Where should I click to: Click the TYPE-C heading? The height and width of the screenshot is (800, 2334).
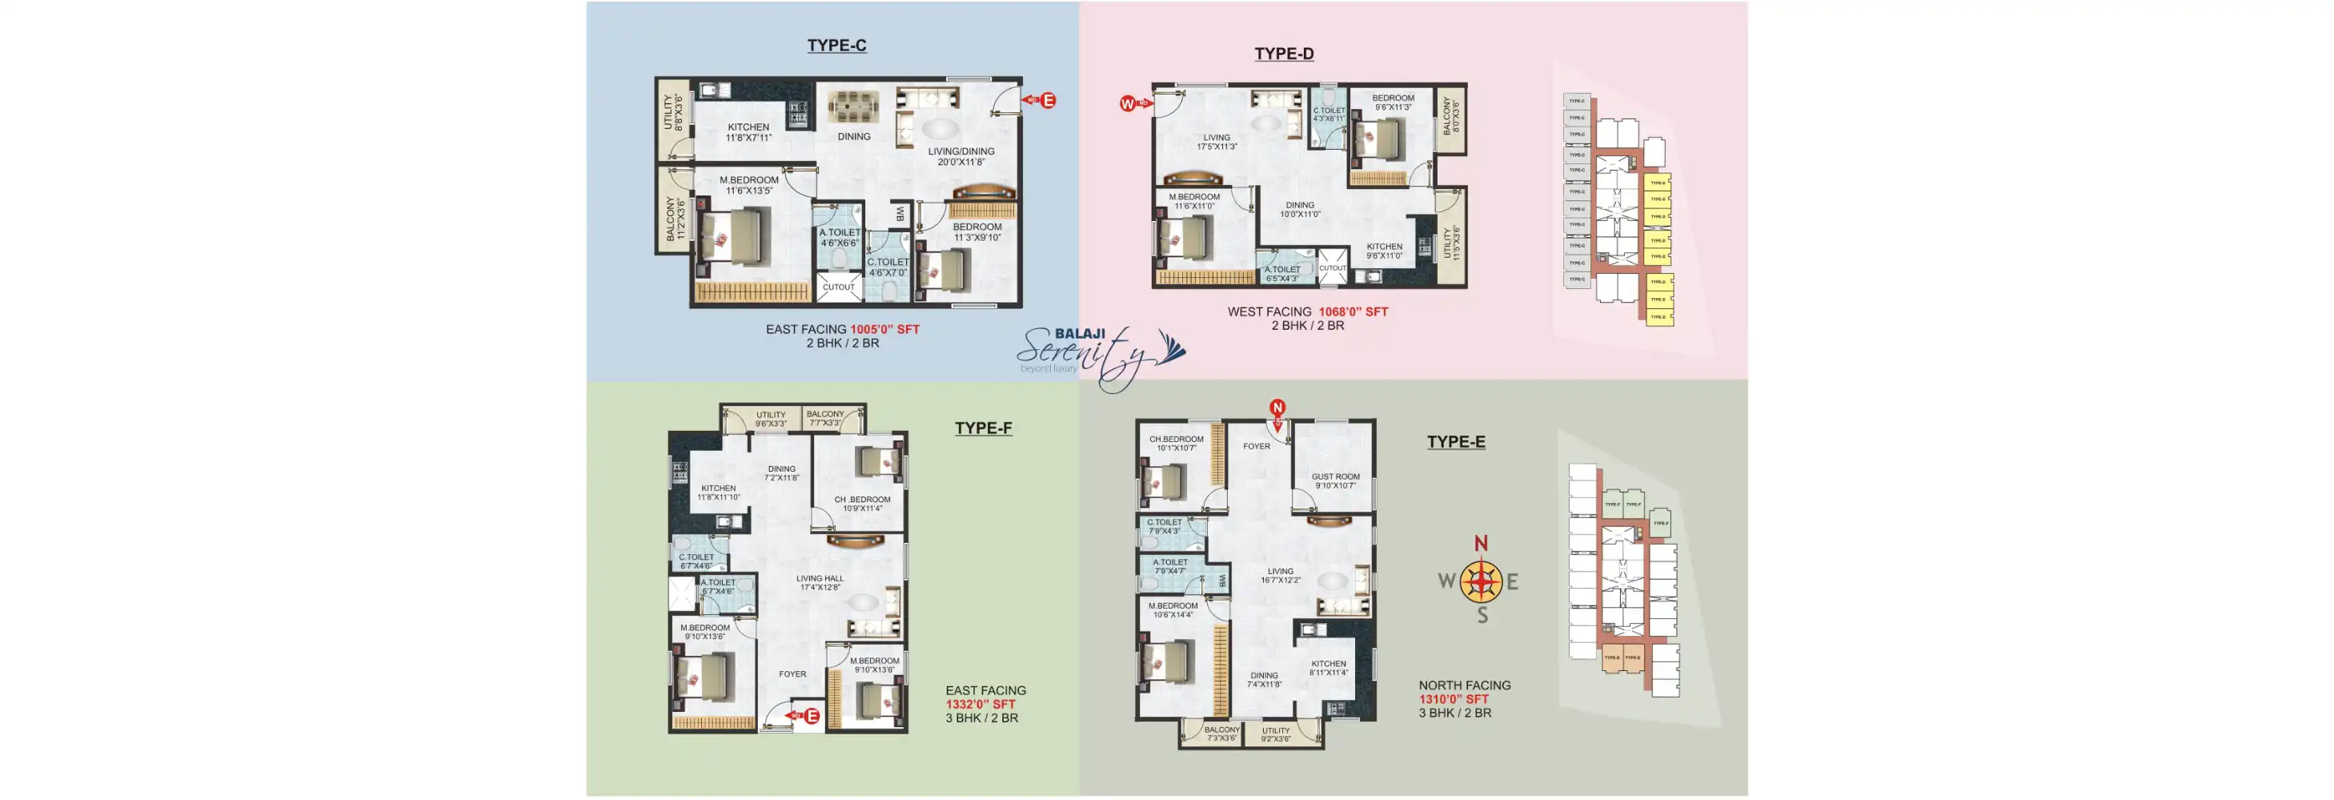(x=836, y=46)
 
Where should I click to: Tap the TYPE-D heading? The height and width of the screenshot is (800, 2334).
(x=1283, y=54)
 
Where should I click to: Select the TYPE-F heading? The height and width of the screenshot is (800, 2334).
(x=983, y=428)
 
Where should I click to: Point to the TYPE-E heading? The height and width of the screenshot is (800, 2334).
(x=1455, y=441)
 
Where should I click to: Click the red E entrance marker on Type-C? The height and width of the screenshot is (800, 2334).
(x=1049, y=101)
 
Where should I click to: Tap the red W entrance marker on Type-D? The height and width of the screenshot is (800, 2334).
(x=1127, y=103)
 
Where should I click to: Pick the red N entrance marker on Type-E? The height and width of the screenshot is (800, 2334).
(x=1277, y=408)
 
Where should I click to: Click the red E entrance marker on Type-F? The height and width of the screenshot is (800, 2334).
(x=812, y=716)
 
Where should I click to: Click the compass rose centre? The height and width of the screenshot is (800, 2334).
(x=1481, y=581)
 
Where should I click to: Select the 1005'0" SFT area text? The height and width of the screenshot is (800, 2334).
(x=884, y=329)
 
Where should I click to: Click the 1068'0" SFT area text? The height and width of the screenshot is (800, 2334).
(x=1353, y=312)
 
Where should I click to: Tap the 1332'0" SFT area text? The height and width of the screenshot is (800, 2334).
(x=980, y=704)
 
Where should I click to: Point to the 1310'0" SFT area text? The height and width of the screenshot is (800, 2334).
(x=1454, y=698)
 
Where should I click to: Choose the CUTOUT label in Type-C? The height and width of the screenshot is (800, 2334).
(x=838, y=287)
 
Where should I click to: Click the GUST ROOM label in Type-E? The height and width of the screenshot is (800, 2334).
(x=1334, y=476)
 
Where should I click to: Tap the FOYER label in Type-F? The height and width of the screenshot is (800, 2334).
(x=792, y=674)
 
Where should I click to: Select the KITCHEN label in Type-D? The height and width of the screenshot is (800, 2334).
(x=1384, y=247)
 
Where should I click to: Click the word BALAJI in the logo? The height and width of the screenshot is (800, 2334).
(x=1079, y=333)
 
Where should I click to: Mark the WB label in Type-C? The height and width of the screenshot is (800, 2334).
(x=900, y=214)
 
